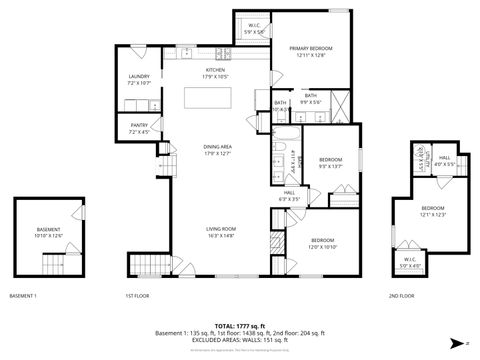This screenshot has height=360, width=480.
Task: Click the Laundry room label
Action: coord(139,80)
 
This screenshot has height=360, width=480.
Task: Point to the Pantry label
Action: coord(139,128)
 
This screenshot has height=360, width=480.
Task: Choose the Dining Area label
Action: coord(217,150)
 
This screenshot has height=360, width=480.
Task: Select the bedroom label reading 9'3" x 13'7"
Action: coord(331,163)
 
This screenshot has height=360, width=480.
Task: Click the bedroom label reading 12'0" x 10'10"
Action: coord(322,243)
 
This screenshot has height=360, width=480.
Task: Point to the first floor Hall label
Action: coord(289,196)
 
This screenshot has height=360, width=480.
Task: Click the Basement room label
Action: coord(48,232)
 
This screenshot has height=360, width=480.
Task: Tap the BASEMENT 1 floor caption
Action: coord(22,296)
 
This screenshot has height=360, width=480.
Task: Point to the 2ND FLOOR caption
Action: coord(401,296)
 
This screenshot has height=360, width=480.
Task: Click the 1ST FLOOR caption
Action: coord(137,296)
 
